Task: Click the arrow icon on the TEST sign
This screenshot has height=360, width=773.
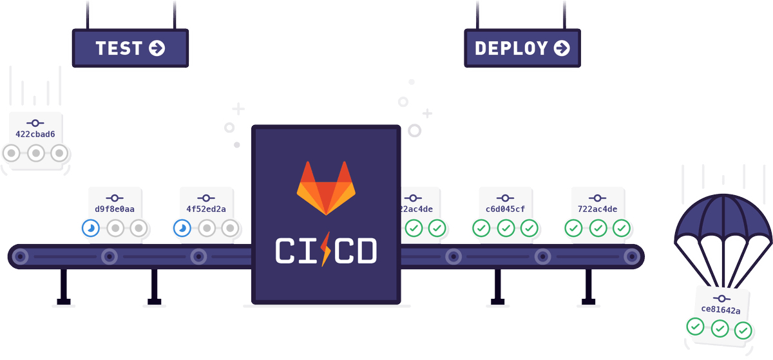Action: tap(157, 48)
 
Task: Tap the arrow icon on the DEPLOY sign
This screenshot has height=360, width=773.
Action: tap(562, 48)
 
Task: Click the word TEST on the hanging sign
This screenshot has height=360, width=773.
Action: tap(119, 48)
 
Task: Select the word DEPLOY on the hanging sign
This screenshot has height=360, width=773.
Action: tap(511, 48)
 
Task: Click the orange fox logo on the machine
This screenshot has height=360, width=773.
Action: tap(326, 188)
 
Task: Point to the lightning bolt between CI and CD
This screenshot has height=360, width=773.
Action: tap(325, 249)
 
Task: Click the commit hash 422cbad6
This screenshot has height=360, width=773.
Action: tap(35, 134)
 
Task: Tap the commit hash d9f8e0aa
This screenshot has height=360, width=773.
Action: tap(115, 209)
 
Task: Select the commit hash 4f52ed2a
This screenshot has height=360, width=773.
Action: tap(206, 209)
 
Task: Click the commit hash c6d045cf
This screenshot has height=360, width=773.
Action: tap(505, 209)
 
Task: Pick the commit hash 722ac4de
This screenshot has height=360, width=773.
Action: tap(597, 209)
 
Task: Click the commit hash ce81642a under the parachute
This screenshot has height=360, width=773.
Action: tap(721, 310)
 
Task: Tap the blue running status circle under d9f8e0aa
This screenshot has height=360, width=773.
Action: tap(91, 228)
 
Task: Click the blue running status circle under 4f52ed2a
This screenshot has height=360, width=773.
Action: tap(182, 228)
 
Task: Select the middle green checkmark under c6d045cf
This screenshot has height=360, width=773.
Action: tap(506, 228)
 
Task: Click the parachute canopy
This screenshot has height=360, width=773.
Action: tap(723, 218)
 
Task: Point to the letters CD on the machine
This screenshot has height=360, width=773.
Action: tap(356, 251)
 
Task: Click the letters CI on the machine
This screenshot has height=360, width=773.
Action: tap(296, 251)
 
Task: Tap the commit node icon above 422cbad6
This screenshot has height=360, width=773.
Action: tap(35, 123)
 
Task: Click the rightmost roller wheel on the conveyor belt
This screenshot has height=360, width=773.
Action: tap(632, 256)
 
